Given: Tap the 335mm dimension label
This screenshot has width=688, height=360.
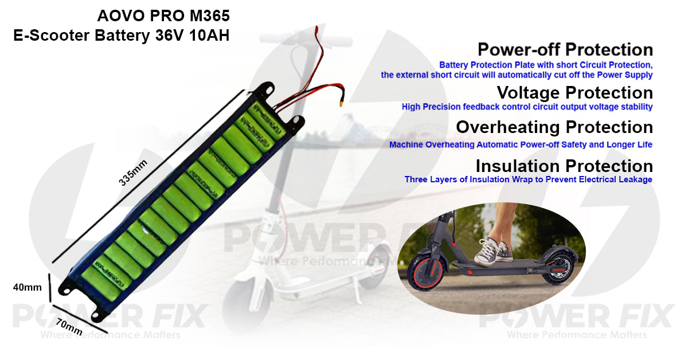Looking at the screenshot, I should point(133,172).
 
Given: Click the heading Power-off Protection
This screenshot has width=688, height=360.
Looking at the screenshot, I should point(565,49).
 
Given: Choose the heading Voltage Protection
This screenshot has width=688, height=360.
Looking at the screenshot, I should point(574,92).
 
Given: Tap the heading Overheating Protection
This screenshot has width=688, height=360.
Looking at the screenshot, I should point(554,127).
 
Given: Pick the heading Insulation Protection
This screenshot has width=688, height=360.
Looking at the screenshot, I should point(564,166).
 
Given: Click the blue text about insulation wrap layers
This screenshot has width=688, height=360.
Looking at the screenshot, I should point(528,179).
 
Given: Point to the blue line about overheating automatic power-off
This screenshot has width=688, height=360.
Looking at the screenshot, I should point(521,144).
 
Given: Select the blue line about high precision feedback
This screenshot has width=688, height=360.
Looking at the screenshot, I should point(527,107).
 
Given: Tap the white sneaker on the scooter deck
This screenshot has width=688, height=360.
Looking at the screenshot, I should point(492,253).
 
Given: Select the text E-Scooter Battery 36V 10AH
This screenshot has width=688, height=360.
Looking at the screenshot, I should point(121,36).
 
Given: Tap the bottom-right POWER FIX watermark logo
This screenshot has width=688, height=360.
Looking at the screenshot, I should point(576,316).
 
